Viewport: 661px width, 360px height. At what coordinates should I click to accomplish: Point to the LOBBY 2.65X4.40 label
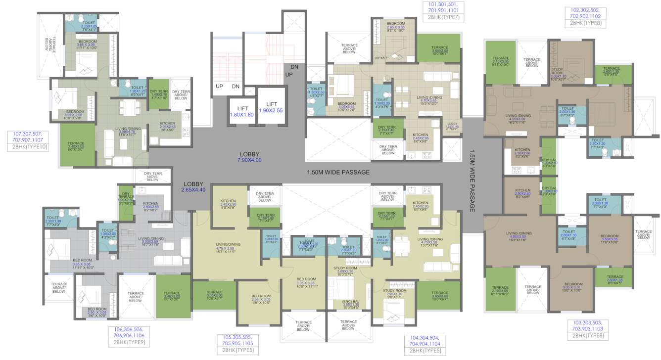click(192, 186)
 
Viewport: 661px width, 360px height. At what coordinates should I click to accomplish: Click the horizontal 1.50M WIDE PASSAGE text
click(338, 172)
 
